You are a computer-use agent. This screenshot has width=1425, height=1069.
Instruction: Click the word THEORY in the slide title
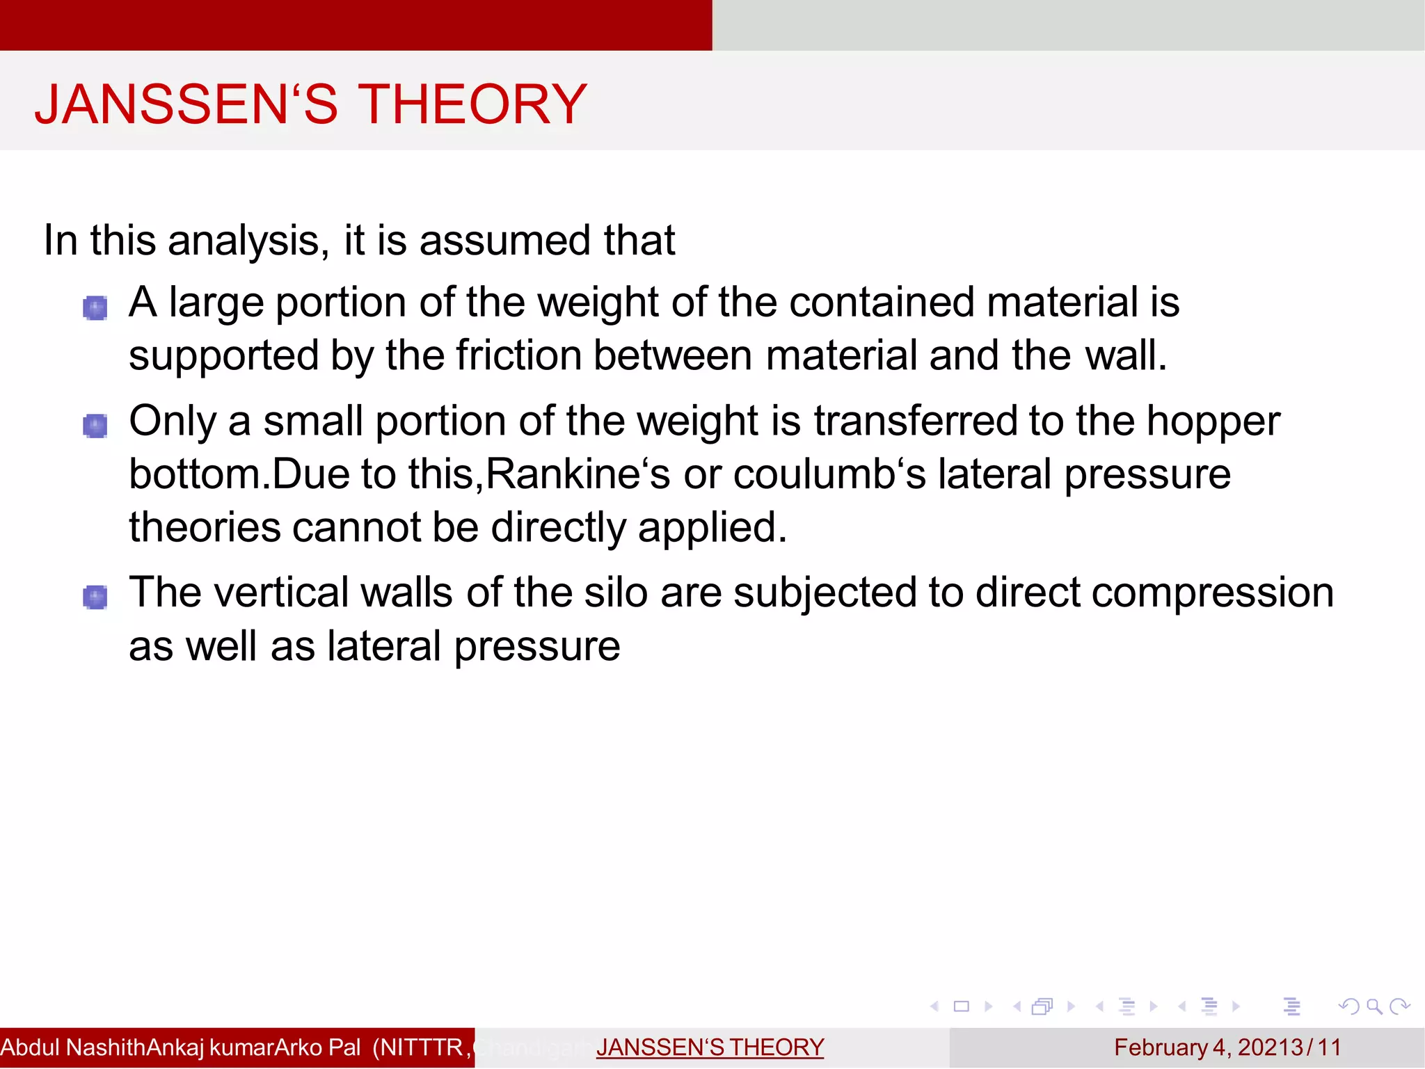pyautogui.click(x=472, y=104)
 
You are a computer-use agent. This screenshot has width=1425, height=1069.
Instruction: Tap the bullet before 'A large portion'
pyautogui.click(x=95, y=307)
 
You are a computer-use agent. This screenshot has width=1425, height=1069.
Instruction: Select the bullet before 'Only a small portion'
pyautogui.click(x=95, y=426)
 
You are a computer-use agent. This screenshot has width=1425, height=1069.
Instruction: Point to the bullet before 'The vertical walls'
pyautogui.click(x=95, y=597)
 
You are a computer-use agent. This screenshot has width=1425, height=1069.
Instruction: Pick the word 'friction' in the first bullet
pyautogui.click(x=518, y=356)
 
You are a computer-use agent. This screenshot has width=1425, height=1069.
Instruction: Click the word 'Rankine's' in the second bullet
pyautogui.click(x=578, y=474)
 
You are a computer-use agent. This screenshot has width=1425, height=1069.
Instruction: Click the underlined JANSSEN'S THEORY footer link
pyautogui.click(x=710, y=1047)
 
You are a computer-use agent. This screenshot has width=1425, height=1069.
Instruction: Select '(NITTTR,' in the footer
pyautogui.click(x=422, y=1047)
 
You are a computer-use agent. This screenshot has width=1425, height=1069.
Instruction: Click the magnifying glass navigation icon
pyautogui.click(x=1374, y=1006)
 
